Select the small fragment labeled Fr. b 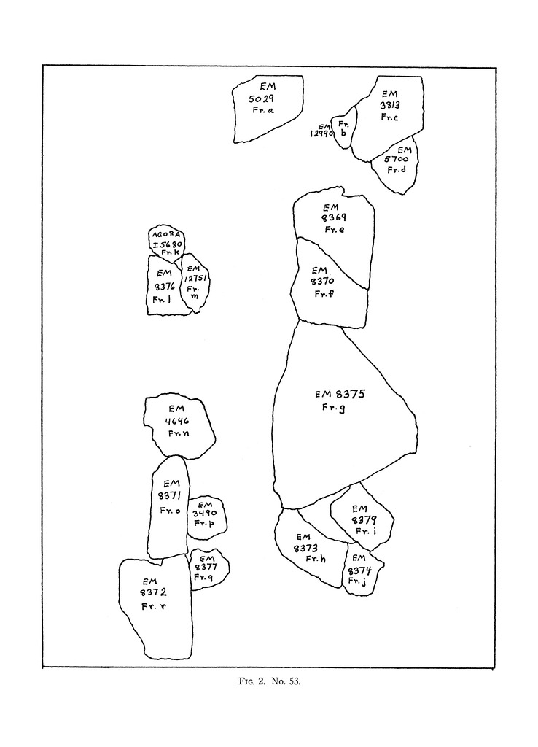point(343,129)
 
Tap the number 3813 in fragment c point(389,105)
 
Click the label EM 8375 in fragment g point(340,395)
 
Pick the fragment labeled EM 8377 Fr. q point(207,566)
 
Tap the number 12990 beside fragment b point(321,133)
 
